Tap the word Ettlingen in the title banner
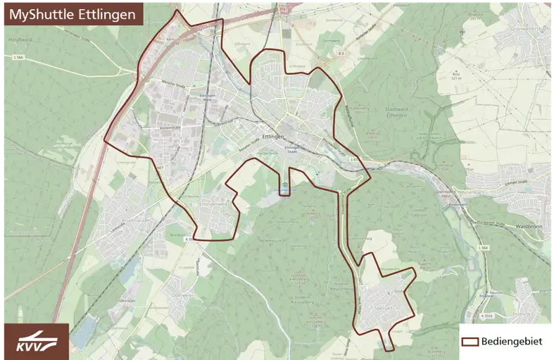tap(105, 14)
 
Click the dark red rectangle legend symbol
tap(470, 342)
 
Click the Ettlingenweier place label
tap(215, 204)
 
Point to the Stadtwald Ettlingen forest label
tap(398, 113)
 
